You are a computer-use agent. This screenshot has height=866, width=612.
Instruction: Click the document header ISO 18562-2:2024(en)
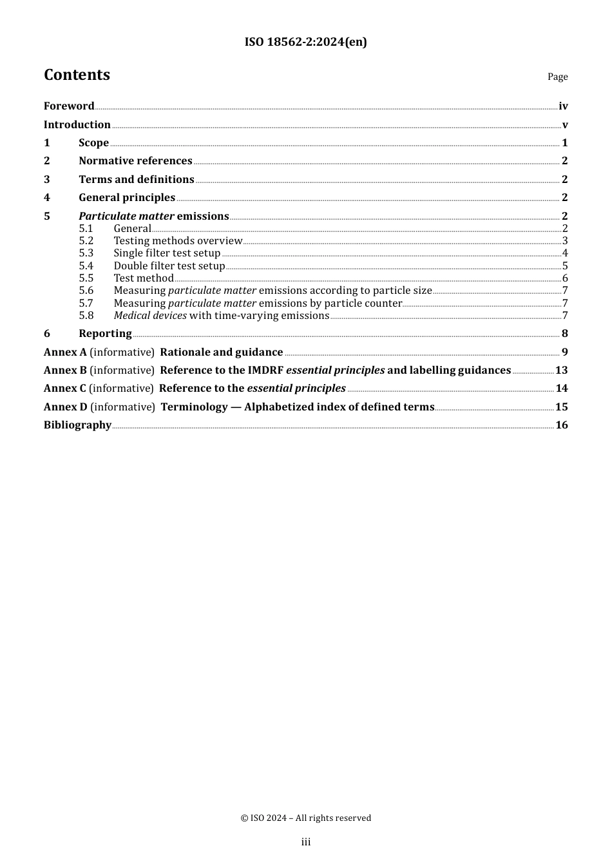click(305, 43)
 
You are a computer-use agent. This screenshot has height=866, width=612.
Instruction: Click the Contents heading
click(77, 75)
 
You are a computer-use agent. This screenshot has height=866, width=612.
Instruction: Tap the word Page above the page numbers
click(557, 77)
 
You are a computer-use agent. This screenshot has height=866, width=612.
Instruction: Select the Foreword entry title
click(69, 106)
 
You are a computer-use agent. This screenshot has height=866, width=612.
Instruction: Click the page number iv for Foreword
click(563, 106)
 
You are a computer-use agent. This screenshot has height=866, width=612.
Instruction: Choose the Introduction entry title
click(77, 125)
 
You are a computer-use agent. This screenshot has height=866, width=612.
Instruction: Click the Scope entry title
click(93, 143)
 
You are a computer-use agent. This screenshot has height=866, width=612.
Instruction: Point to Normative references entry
click(135, 161)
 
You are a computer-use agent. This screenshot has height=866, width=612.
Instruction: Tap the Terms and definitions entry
click(136, 180)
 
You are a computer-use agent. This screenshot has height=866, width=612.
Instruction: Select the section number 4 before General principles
click(47, 198)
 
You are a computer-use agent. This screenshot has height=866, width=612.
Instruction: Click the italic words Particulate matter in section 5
click(126, 216)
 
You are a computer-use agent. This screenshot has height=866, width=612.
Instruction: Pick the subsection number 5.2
click(86, 241)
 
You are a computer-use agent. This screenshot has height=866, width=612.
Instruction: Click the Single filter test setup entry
click(167, 253)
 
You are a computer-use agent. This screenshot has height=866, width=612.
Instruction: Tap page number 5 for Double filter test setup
click(565, 266)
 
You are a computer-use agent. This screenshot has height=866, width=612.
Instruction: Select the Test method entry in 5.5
click(144, 278)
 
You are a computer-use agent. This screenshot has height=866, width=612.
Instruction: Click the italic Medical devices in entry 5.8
click(150, 316)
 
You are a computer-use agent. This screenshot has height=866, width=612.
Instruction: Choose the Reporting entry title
click(105, 334)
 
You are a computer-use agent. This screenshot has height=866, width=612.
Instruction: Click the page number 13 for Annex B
click(561, 370)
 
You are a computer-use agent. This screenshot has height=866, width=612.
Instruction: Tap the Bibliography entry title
click(77, 425)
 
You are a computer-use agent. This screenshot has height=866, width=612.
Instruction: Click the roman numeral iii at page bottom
click(306, 842)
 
